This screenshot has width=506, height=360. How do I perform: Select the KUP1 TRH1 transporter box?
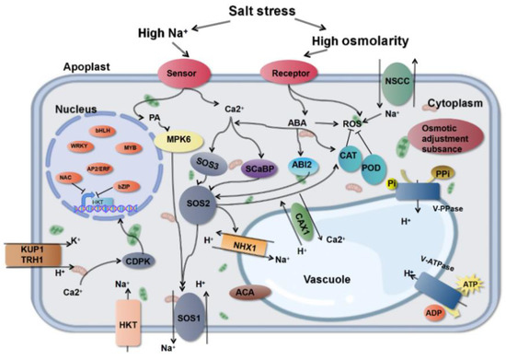(30, 254)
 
